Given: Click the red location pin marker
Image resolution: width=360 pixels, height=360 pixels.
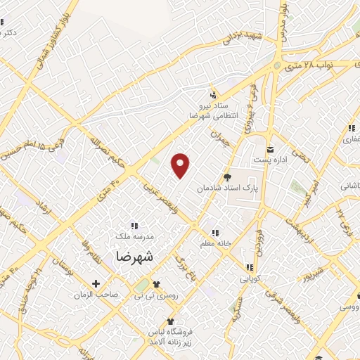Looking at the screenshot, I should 181,165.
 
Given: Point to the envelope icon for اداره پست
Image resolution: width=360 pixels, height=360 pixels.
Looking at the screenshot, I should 269,149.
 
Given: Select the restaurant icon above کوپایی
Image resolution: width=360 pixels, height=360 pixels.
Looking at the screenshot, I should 249,267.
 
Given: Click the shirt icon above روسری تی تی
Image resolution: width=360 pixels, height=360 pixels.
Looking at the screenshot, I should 155,284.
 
